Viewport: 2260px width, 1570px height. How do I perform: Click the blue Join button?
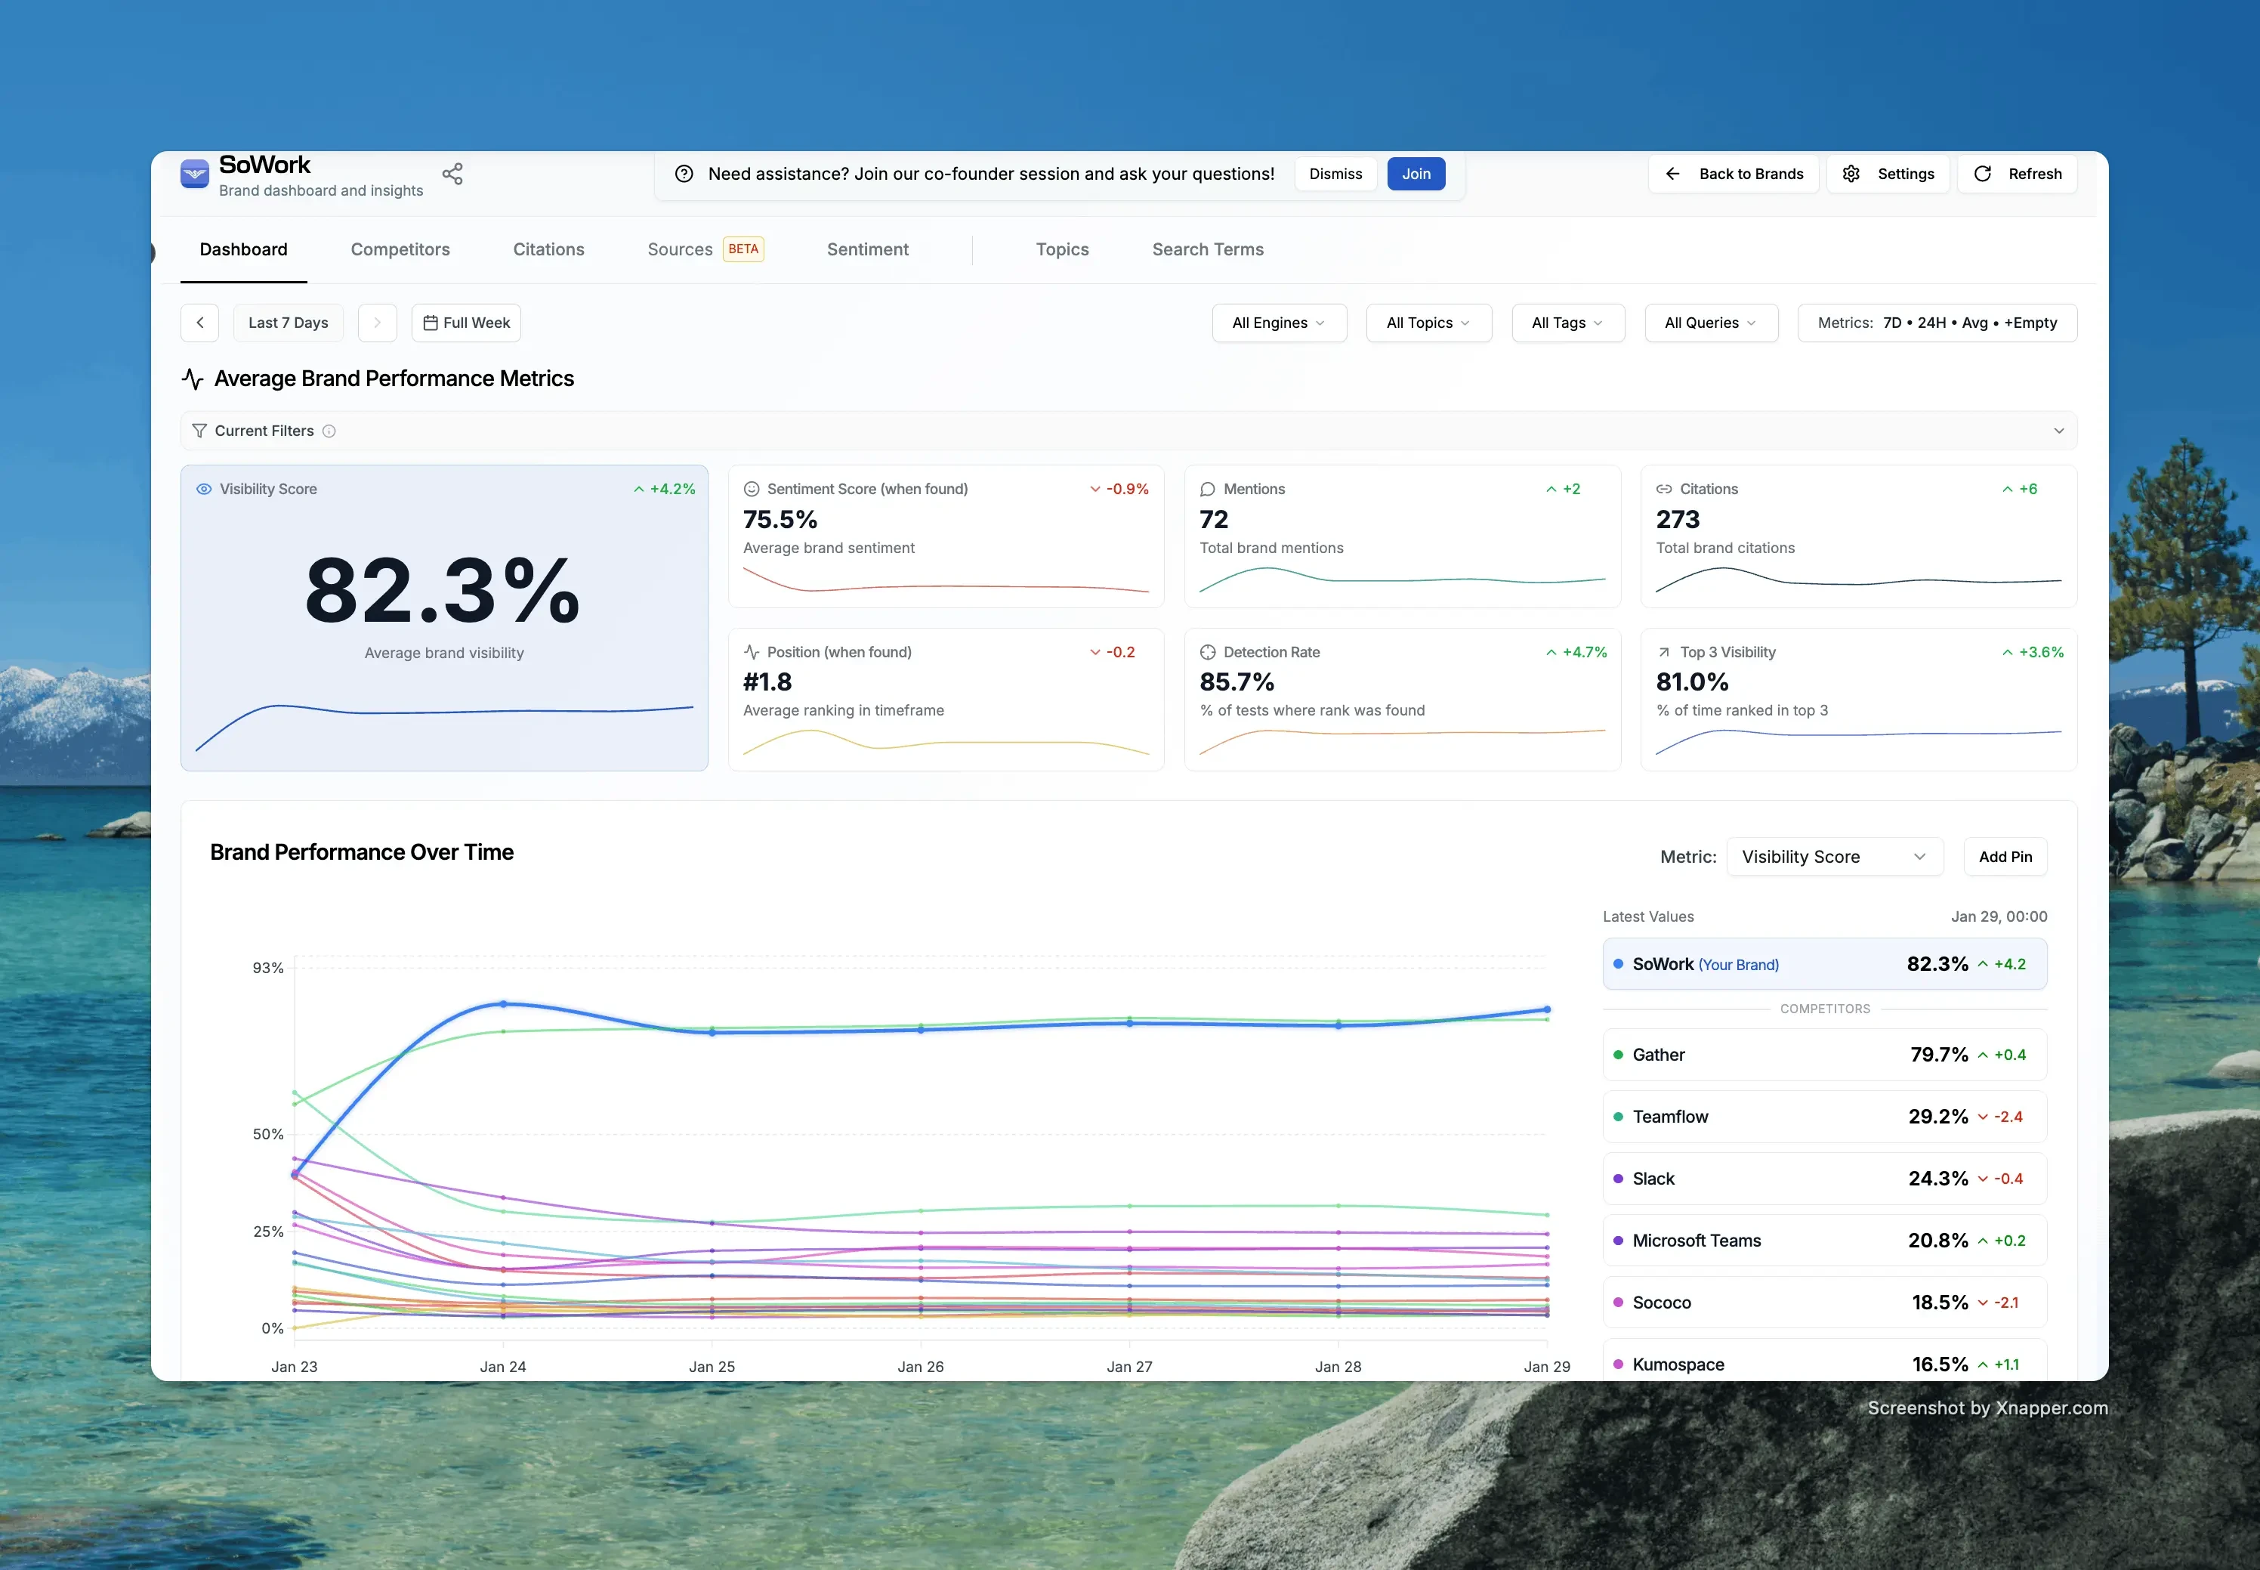click(1416, 174)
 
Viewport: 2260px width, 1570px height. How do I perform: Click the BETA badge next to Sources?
click(743, 249)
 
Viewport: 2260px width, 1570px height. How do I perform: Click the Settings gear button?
click(1888, 174)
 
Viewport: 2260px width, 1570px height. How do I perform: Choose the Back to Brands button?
click(1733, 174)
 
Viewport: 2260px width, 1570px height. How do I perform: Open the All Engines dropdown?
click(1277, 323)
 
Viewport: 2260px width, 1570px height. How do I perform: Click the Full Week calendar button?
click(466, 323)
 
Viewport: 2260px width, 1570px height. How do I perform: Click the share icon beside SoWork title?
click(452, 174)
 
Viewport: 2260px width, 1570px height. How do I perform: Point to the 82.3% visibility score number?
click(443, 590)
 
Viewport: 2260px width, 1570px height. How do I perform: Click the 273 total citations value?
click(1677, 519)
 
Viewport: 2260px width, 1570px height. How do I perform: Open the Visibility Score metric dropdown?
click(1833, 857)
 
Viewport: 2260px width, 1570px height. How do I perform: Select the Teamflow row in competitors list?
click(1823, 1117)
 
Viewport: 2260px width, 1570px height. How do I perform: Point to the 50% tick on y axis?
click(267, 1134)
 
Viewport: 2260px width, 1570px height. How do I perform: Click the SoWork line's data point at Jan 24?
click(504, 1004)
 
